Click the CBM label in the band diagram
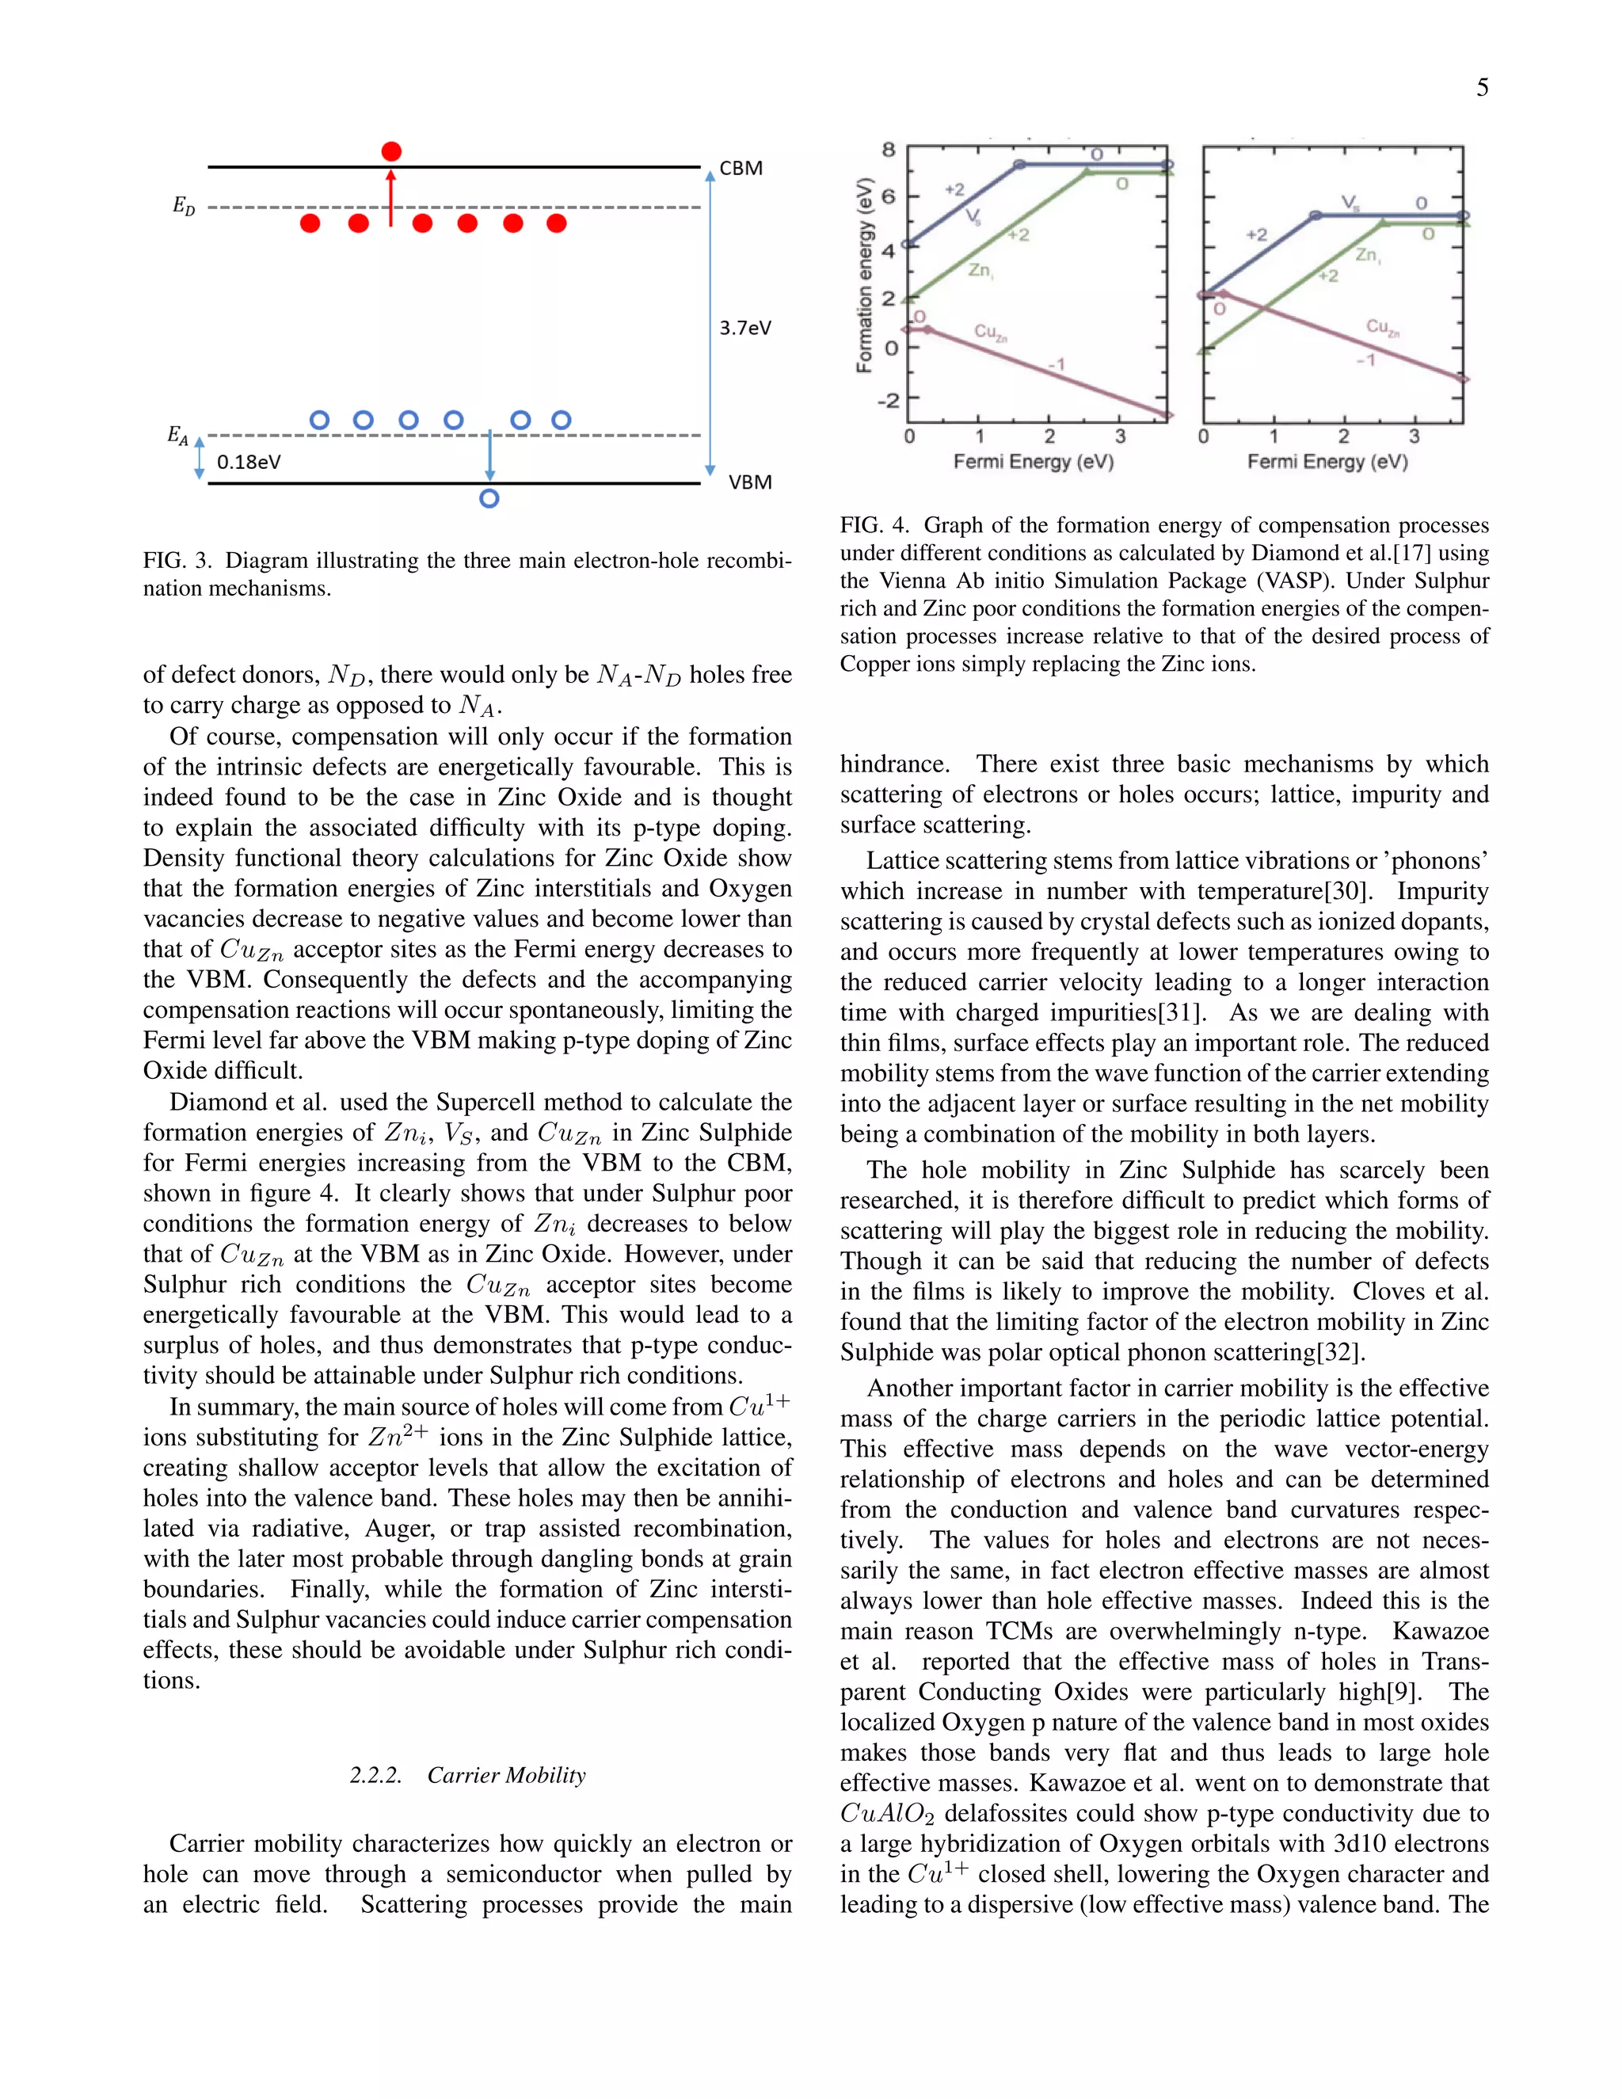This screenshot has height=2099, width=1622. (x=741, y=168)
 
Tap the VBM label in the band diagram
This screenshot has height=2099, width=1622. (x=749, y=482)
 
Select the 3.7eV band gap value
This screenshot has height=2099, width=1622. (x=744, y=328)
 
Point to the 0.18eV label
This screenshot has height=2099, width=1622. (x=249, y=463)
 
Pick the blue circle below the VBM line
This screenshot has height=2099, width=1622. (x=489, y=499)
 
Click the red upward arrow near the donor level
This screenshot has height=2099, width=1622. (x=390, y=198)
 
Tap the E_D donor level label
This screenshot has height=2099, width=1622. (x=184, y=206)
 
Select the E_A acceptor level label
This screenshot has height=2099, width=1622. (x=177, y=436)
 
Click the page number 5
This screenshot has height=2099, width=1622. (x=1482, y=89)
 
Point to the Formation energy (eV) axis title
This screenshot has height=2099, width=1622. (x=865, y=275)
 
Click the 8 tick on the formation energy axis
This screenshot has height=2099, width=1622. (x=889, y=150)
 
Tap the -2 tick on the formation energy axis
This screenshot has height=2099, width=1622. (x=887, y=400)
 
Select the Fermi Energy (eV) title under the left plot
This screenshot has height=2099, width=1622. (x=1033, y=463)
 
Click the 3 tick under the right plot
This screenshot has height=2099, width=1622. (x=1414, y=436)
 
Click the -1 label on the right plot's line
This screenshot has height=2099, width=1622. (x=1365, y=360)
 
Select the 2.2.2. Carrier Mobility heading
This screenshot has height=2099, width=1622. (x=467, y=1775)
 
